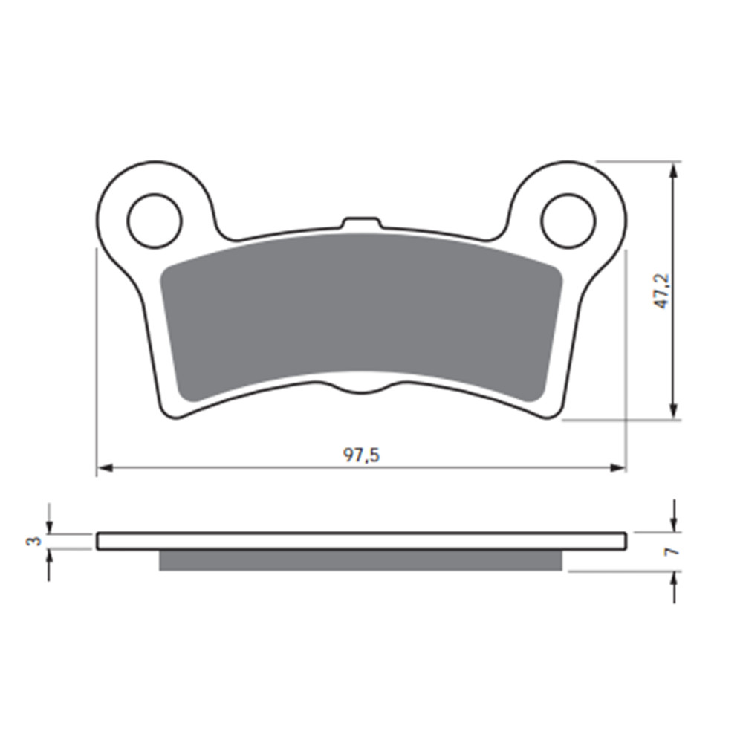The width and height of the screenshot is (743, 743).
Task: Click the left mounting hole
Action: click(x=155, y=221)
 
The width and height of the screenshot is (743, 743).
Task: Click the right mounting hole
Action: click(x=568, y=221)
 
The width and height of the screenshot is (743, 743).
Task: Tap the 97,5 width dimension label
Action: click(x=361, y=455)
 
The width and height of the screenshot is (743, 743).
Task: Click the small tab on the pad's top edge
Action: click(x=360, y=223)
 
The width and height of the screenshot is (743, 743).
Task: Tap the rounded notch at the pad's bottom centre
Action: click(x=361, y=389)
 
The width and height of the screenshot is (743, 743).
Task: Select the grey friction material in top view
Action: click(x=361, y=312)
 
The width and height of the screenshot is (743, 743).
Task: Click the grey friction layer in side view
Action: click(x=361, y=560)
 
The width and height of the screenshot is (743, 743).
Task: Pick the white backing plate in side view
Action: click(x=361, y=541)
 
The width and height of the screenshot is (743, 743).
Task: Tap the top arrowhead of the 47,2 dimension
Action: click(x=674, y=170)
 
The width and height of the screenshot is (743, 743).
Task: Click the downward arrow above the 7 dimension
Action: click(x=674, y=524)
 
